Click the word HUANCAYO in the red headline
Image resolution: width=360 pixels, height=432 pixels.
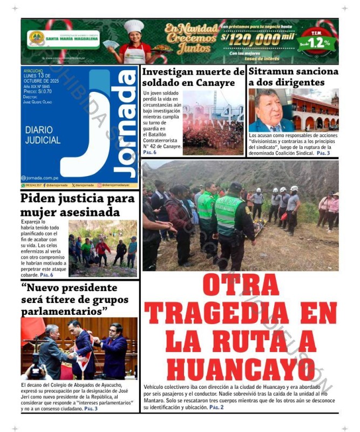tap(240, 368)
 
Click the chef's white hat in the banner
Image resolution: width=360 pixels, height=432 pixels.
tap(133, 26)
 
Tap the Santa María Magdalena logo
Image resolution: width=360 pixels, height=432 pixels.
tap(37, 38)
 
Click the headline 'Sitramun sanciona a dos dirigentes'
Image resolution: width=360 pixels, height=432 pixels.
tap(293, 77)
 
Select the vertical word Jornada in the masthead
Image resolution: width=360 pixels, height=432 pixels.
tap(127, 124)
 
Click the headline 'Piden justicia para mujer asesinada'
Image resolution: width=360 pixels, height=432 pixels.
tap(77, 205)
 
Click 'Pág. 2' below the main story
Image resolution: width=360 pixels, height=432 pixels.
tap(216, 407)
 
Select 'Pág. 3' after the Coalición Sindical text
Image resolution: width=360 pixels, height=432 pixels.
tap(323, 153)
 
